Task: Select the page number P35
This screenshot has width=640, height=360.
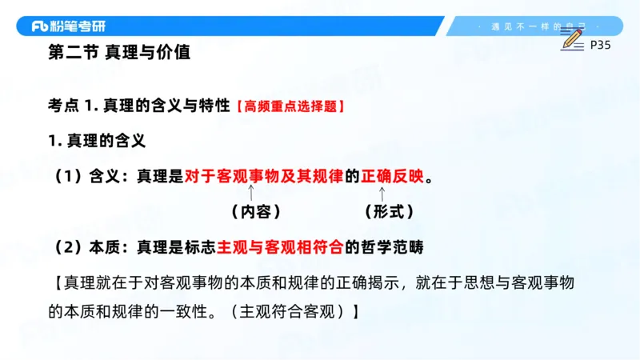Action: click(x=600, y=46)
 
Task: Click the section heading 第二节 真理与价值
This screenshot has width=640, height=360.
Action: click(x=119, y=54)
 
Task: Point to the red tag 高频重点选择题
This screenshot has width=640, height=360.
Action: click(x=291, y=106)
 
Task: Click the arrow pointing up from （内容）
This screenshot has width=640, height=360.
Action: click(x=252, y=193)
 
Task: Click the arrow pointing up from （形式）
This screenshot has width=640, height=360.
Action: click(x=382, y=193)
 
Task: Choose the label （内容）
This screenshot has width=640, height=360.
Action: click(x=254, y=212)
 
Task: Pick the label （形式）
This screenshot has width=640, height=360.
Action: click(x=389, y=212)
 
